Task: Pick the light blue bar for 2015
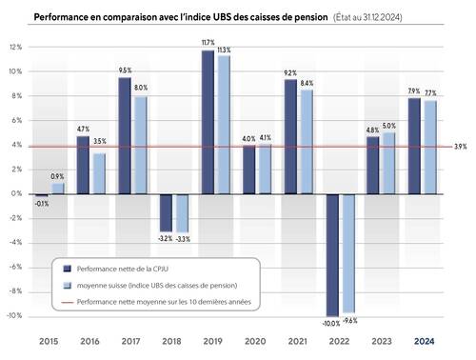click(x=57, y=188)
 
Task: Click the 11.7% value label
click(x=207, y=43)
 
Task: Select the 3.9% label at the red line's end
click(x=460, y=147)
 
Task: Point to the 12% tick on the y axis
click(x=16, y=47)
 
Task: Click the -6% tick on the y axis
click(x=16, y=267)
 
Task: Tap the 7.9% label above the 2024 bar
click(x=413, y=91)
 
